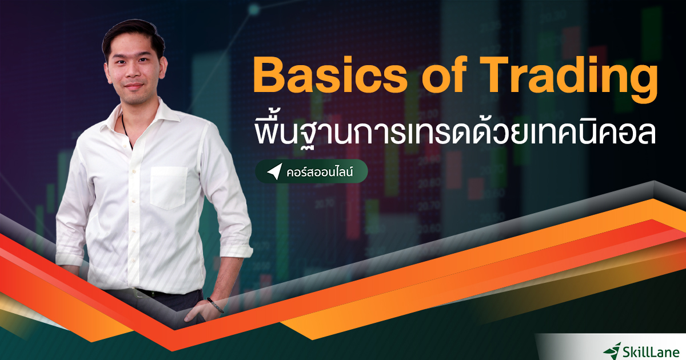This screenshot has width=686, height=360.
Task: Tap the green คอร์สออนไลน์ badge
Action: point(311,171)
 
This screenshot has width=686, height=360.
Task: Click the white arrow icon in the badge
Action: point(274,171)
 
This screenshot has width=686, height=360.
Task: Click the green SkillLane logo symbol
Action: point(615,348)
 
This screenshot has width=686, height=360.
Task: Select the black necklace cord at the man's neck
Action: point(123,123)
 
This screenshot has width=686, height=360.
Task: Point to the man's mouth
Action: point(133,87)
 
